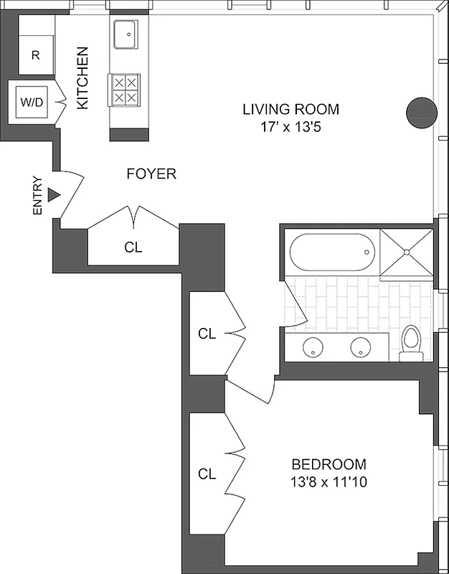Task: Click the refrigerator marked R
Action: click(x=35, y=55)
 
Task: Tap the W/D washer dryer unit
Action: click(x=31, y=102)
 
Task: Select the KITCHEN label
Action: click(x=82, y=78)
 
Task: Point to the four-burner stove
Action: click(x=126, y=90)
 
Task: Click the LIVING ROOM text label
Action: click(x=290, y=110)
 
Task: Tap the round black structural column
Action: click(x=421, y=110)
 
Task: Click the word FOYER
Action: click(x=151, y=174)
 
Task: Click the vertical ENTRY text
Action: click(x=37, y=196)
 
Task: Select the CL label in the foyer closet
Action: click(x=133, y=248)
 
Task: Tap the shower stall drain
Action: click(x=406, y=252)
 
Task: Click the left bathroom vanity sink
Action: click(x=313, y=348)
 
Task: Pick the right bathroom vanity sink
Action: click(x=361, y=348)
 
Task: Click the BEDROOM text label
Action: click(x=328, y=464)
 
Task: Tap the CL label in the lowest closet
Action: click(x=207, y=474)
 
